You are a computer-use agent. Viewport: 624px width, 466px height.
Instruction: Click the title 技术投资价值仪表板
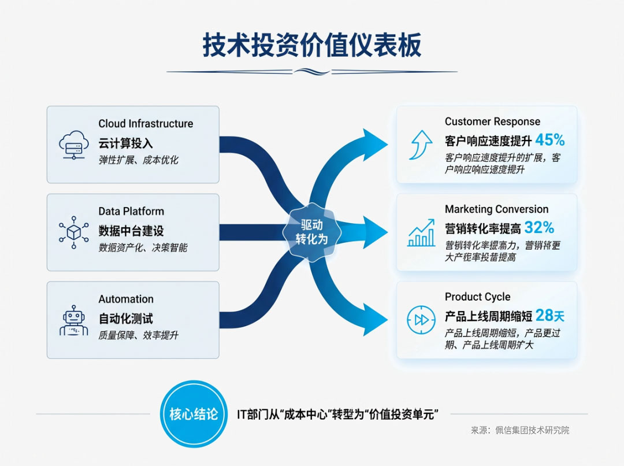tap(312, 46)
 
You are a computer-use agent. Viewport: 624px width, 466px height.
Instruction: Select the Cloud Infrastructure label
tap(146, 124)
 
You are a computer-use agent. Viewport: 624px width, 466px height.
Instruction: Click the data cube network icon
tap(73, 232)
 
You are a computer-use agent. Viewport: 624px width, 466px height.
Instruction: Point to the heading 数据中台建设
tap(131, 231)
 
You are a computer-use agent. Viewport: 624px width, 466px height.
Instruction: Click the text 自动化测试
tap(125, 319)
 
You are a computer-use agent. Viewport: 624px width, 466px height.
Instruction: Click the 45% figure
tap(549, 140)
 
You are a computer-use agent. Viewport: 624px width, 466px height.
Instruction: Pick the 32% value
tap(539, 227)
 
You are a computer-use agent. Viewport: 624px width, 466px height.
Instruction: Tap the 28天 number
tap(549, 315)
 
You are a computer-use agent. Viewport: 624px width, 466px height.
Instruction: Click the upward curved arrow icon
tap(421, 145)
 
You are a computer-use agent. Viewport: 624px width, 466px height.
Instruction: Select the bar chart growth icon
tap(422, 232)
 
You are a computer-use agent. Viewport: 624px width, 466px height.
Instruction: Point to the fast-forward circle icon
tap(421, 320)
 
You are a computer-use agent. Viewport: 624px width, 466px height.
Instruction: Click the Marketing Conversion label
tap(496, 209)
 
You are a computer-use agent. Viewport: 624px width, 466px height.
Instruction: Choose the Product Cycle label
tap(477, 297)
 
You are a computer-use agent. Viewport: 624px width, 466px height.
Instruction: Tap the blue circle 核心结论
tap(194, 414)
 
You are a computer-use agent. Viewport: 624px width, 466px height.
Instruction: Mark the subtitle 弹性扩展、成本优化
tap(138, 160)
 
